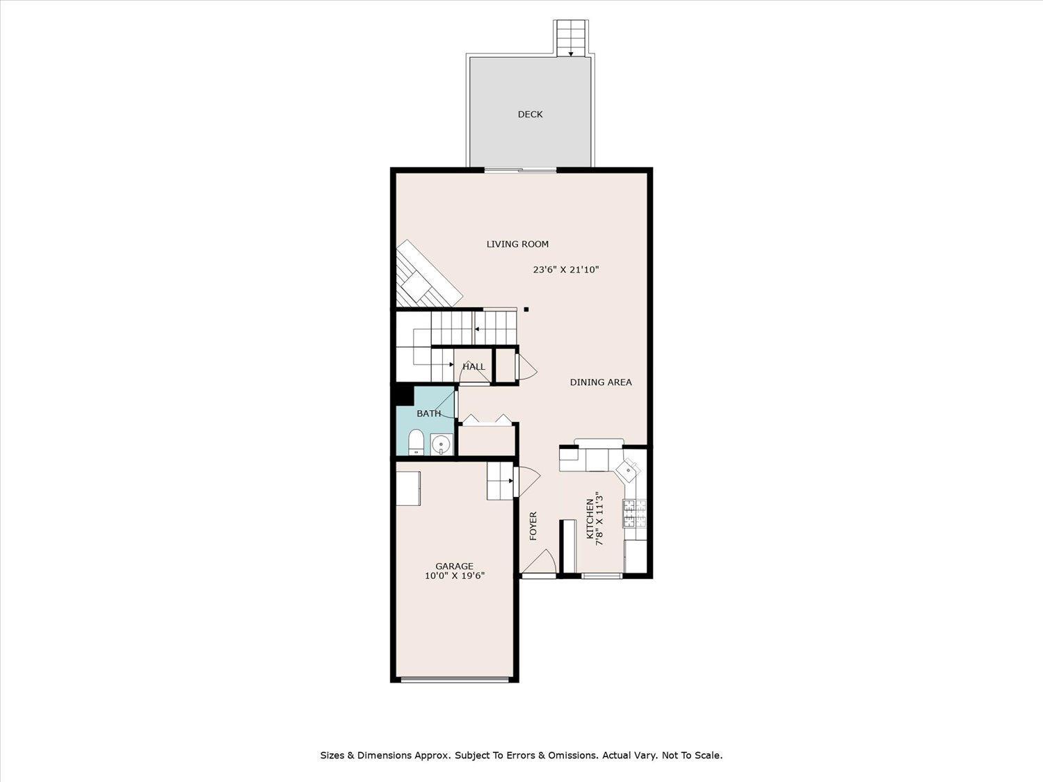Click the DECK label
(530, 115)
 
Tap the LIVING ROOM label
(517, 244)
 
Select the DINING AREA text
(601, 382)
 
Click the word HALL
(474, 367)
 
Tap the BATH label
(428, 414)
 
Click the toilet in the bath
(415, 442)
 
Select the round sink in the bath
(440, 443)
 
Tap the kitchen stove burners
(633, 514)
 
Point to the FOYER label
(533, 526)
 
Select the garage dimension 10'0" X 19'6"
(454, 576)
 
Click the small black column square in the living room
(526, 310)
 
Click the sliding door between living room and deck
(520, 170)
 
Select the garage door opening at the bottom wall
(455, 679)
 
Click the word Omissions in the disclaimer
(574, 755)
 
